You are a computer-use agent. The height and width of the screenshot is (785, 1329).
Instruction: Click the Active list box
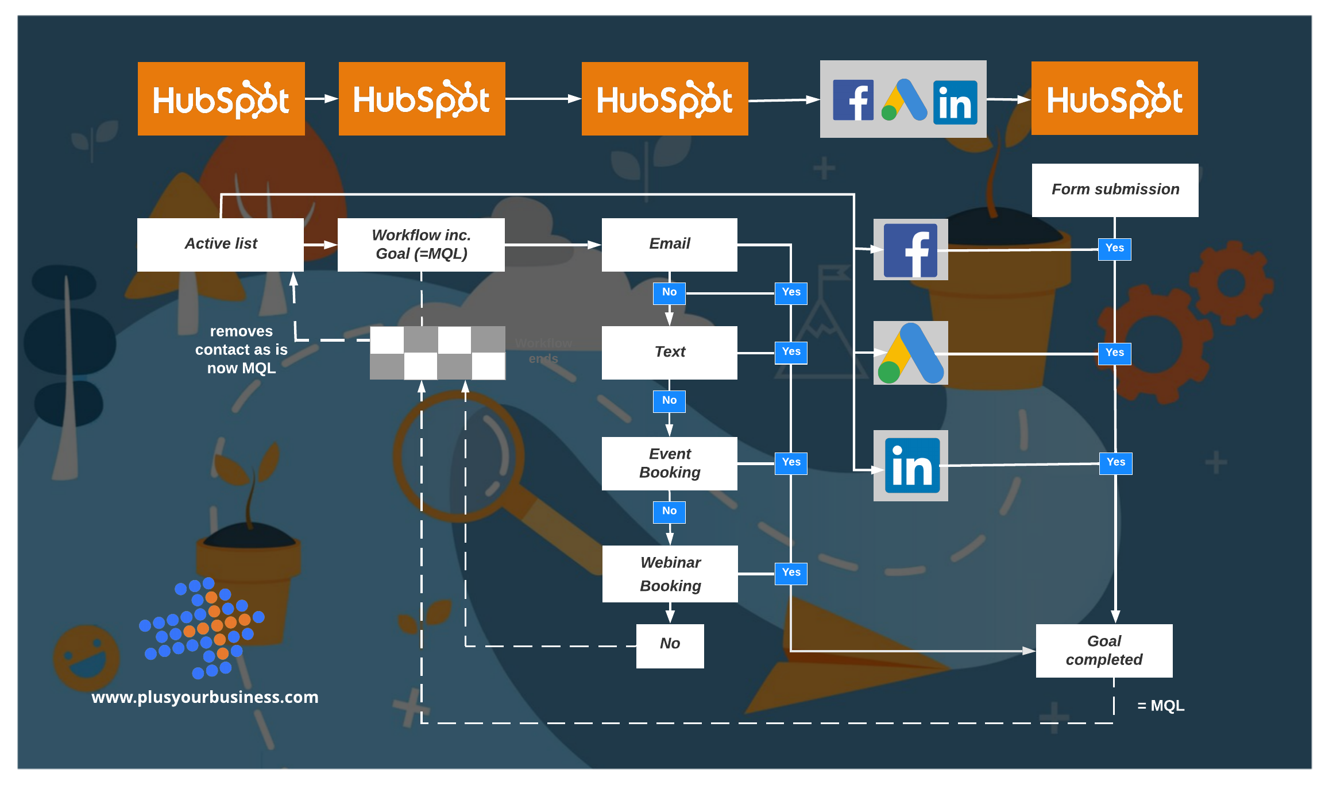221,244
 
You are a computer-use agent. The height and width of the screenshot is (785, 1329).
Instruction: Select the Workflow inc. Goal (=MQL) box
421,244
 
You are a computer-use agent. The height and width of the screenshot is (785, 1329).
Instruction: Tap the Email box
669,244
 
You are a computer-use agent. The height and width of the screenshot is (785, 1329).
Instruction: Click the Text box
669,352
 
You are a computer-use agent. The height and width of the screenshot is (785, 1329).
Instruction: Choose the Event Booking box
669,463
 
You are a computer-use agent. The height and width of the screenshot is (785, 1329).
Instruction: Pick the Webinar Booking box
670,574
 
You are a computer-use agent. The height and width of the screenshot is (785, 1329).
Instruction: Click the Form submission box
1115,190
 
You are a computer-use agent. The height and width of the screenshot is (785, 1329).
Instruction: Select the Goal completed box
1104,650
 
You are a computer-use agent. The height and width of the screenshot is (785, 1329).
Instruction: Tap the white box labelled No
670,645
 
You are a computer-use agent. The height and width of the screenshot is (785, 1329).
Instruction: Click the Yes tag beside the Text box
791,352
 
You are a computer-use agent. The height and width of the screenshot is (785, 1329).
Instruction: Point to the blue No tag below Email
669,293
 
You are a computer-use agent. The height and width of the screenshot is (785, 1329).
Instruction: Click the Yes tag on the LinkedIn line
1115,462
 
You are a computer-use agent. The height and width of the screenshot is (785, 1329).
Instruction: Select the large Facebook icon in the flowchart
910,250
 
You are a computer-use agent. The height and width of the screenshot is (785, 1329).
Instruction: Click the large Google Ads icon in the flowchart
910,353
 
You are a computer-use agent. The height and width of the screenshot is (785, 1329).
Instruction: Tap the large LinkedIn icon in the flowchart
911,465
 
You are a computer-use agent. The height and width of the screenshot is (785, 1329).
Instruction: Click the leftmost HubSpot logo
221,99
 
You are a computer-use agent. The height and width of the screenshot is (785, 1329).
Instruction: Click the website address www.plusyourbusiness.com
204,697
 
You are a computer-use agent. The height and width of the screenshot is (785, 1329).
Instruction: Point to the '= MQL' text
1160,705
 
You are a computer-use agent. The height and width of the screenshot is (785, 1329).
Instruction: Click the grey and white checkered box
438,353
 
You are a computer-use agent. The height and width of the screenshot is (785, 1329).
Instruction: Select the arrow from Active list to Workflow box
320,245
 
